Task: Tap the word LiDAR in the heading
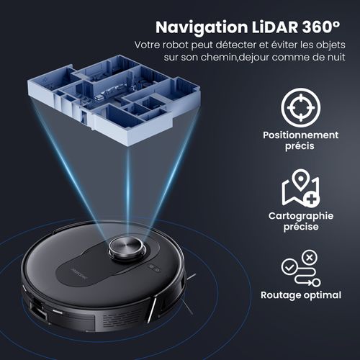[273, 28]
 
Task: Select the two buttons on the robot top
[153, 266]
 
